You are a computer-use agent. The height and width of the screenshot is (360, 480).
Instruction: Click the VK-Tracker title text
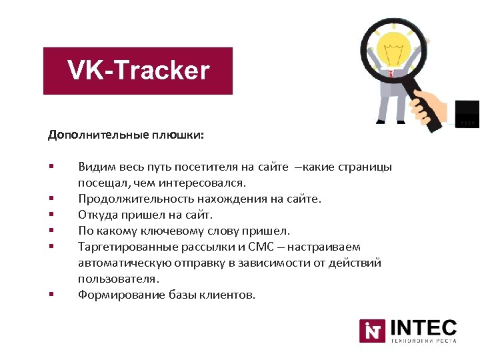click(x=138, y=71)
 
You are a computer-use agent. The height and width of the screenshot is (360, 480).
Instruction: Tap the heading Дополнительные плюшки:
click(x=126, y=135)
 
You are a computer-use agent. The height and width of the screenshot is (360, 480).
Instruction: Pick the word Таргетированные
click(x=125, y=247)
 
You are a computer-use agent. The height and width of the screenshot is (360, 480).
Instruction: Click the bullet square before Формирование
click(x=50, y=294)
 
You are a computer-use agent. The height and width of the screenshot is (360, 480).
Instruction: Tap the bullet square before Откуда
click(x=50, y=214)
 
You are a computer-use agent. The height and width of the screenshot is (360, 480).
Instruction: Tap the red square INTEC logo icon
click(x=371, y=331)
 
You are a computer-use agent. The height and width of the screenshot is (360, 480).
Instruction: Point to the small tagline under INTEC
click(x=423, y=341)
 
